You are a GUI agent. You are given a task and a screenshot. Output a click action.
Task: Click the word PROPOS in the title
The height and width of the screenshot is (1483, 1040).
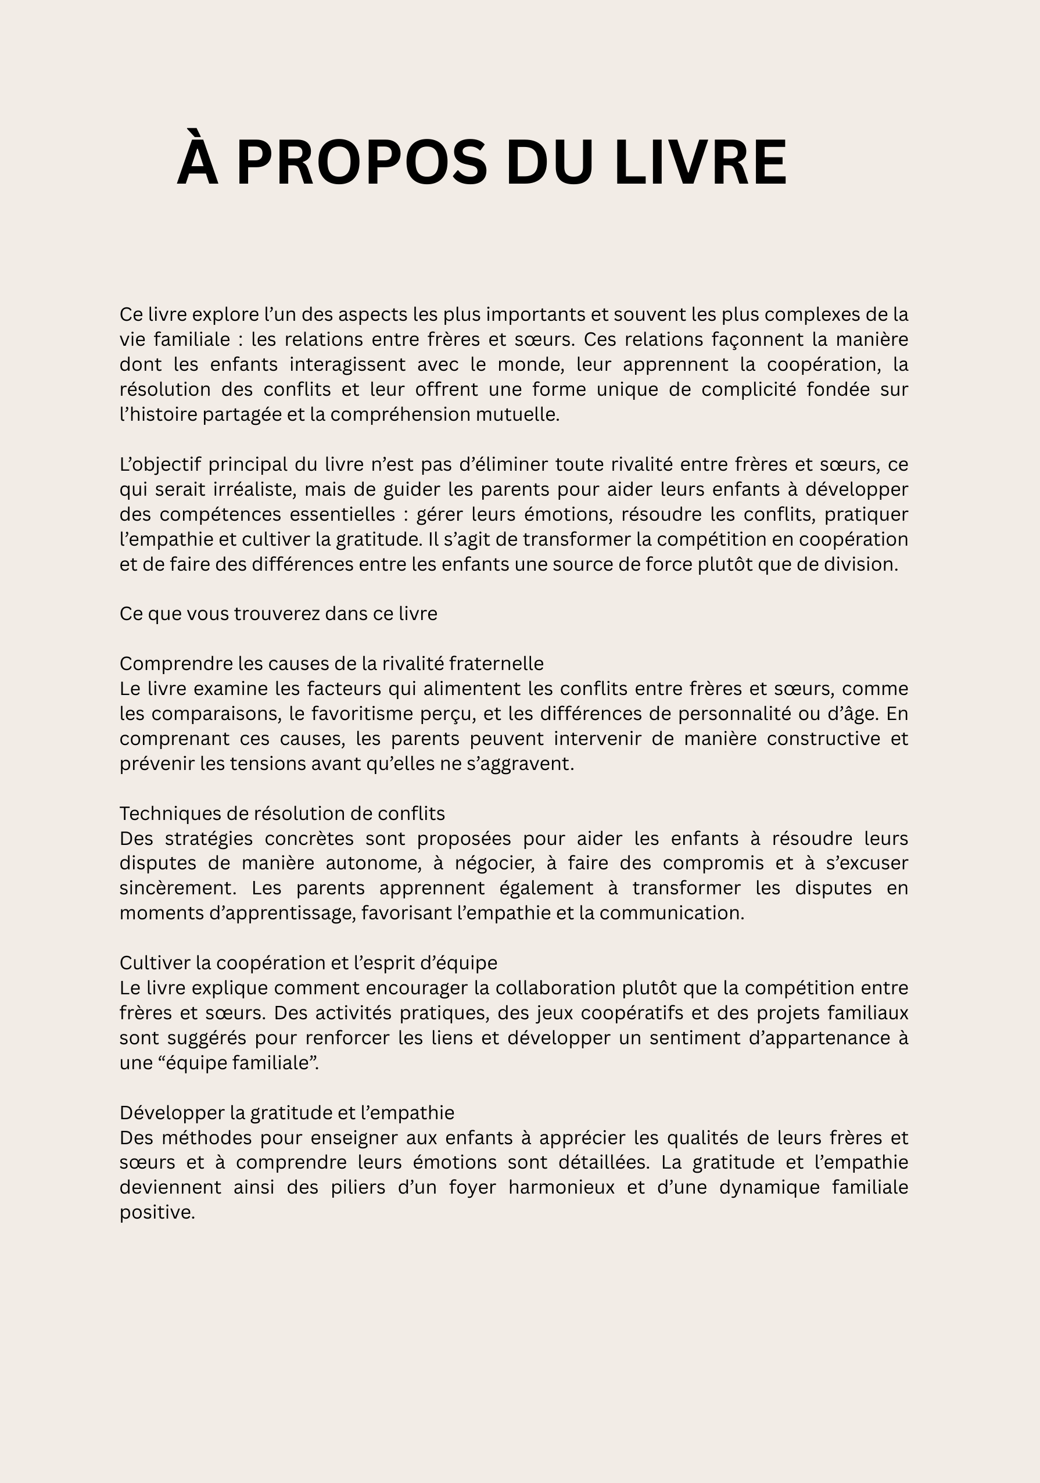click(x=362, y=163)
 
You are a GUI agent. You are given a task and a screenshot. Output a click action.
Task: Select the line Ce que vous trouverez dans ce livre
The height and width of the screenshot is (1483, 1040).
click(x=278, y=614)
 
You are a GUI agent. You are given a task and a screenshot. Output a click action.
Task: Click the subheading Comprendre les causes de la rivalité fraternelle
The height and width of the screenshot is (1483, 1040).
click(x=331, y=664)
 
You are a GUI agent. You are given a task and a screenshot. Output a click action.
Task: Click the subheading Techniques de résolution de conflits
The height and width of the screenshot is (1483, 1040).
click(x=282, y=813)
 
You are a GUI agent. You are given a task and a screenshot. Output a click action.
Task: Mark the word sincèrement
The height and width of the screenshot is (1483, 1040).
click(x=178, y=888)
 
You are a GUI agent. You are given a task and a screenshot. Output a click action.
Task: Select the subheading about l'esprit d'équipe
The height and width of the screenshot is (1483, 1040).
click(x=308, y=963)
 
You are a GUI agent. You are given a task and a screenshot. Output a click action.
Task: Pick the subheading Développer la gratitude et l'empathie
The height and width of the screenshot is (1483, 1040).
click(x=287, y=1113)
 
